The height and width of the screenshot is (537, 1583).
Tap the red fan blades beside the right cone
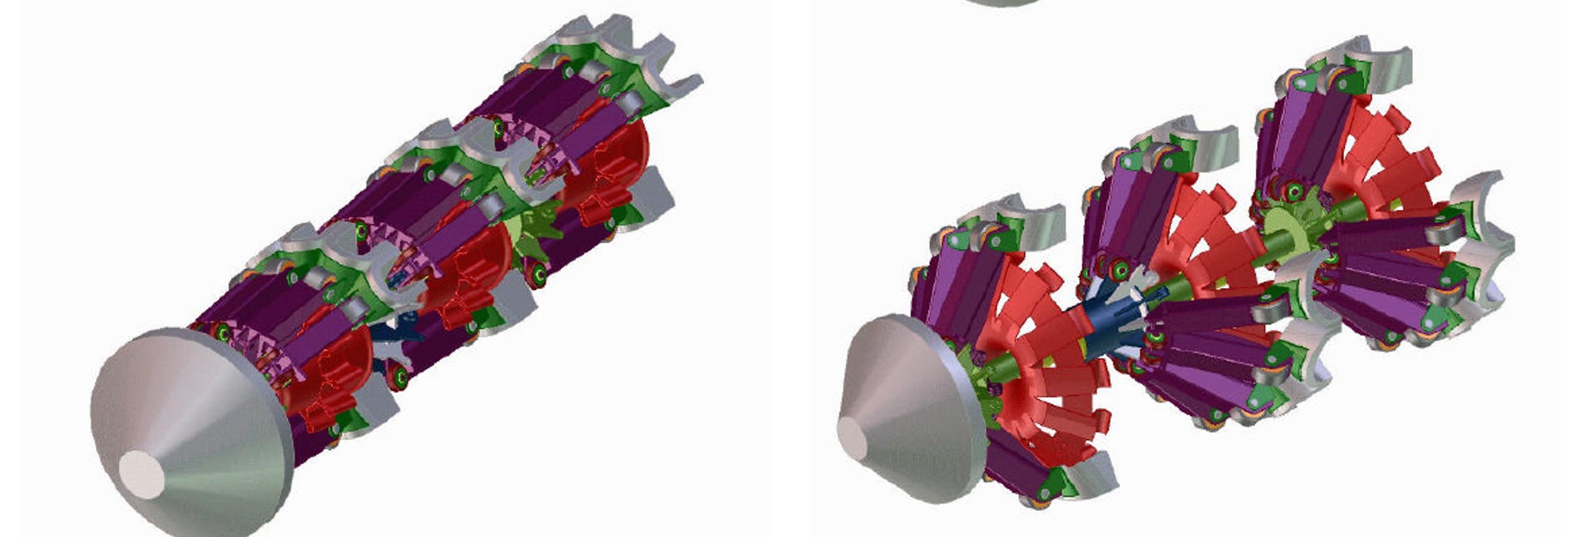tap(1050, 372)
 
